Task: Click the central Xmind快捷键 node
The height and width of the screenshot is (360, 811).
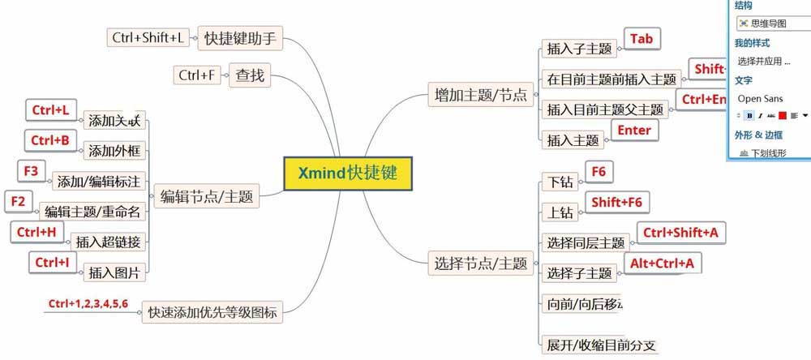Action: pos(347,173)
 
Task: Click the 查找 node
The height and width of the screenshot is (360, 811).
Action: pos(249,75)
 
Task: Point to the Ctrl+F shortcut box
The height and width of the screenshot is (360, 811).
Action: pos(198,75)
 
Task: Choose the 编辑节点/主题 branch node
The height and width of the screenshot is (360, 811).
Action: pos(206,195)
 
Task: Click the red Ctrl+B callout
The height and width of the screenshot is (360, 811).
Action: pos(49,139)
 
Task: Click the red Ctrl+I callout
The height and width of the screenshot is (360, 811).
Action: pos(51,262)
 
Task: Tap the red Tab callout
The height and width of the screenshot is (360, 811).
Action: pos(641,38)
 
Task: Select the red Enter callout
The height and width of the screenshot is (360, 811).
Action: pos(633,129)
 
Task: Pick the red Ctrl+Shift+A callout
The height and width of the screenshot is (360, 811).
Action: pos(680,233)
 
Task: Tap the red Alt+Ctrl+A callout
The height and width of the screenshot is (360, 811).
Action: pos(662,263)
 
